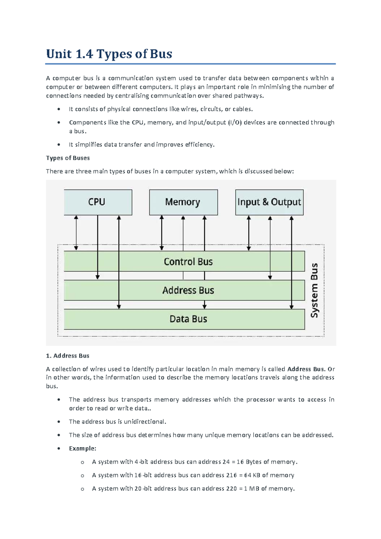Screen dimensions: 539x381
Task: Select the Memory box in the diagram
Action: click(x=183, y=202)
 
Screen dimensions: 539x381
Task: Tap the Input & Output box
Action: click(x=269, y=202)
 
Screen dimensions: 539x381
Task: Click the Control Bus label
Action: click(x=188, y=262)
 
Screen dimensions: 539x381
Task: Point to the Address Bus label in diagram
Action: click(x=188, y=290)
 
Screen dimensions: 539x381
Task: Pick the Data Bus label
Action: click(x=188, y=319)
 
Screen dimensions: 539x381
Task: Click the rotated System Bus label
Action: click(x=314, y=290)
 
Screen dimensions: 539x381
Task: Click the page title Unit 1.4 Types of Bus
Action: click(x=109, y=54)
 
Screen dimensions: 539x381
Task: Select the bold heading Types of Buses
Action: click(x=68, y=158)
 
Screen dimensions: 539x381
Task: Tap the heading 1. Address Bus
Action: click(x=68, y=356)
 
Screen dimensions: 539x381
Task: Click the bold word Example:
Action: click(x=82, y=448)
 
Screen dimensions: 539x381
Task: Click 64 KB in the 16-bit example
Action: click(x=252, y=475)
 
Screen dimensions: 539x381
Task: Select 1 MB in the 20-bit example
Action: click(x=251, y=488)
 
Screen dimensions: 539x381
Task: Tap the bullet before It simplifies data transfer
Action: click(x=59, y=145)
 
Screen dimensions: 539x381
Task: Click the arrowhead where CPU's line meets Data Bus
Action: click(x=119, y=307)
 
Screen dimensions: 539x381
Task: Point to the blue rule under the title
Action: click(x=190, y=64)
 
